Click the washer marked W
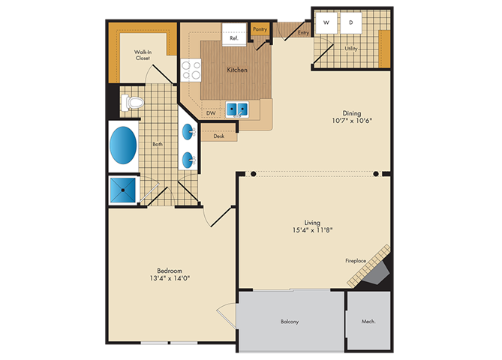pos(326,22)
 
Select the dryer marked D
pos(351,22)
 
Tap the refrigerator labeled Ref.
pos(234,34)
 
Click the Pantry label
pos(260,29)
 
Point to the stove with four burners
pos(191,70)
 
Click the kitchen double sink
pos(237,109)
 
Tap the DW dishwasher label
pos(211,113)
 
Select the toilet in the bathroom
pos(132,103)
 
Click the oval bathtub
pos(123,145)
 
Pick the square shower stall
pos(123,190)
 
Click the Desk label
pos(219,136)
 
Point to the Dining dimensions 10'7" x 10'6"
pos(352,121)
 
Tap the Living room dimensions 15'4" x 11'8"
pos(312,229)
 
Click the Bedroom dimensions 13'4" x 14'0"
pos(170,278)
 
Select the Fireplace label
pos(356,261)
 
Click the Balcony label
pos(290,322)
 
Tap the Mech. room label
pos(368,321)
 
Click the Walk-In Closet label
pos(143,55)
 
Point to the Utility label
pos(351,49)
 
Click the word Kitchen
pos(237,70)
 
